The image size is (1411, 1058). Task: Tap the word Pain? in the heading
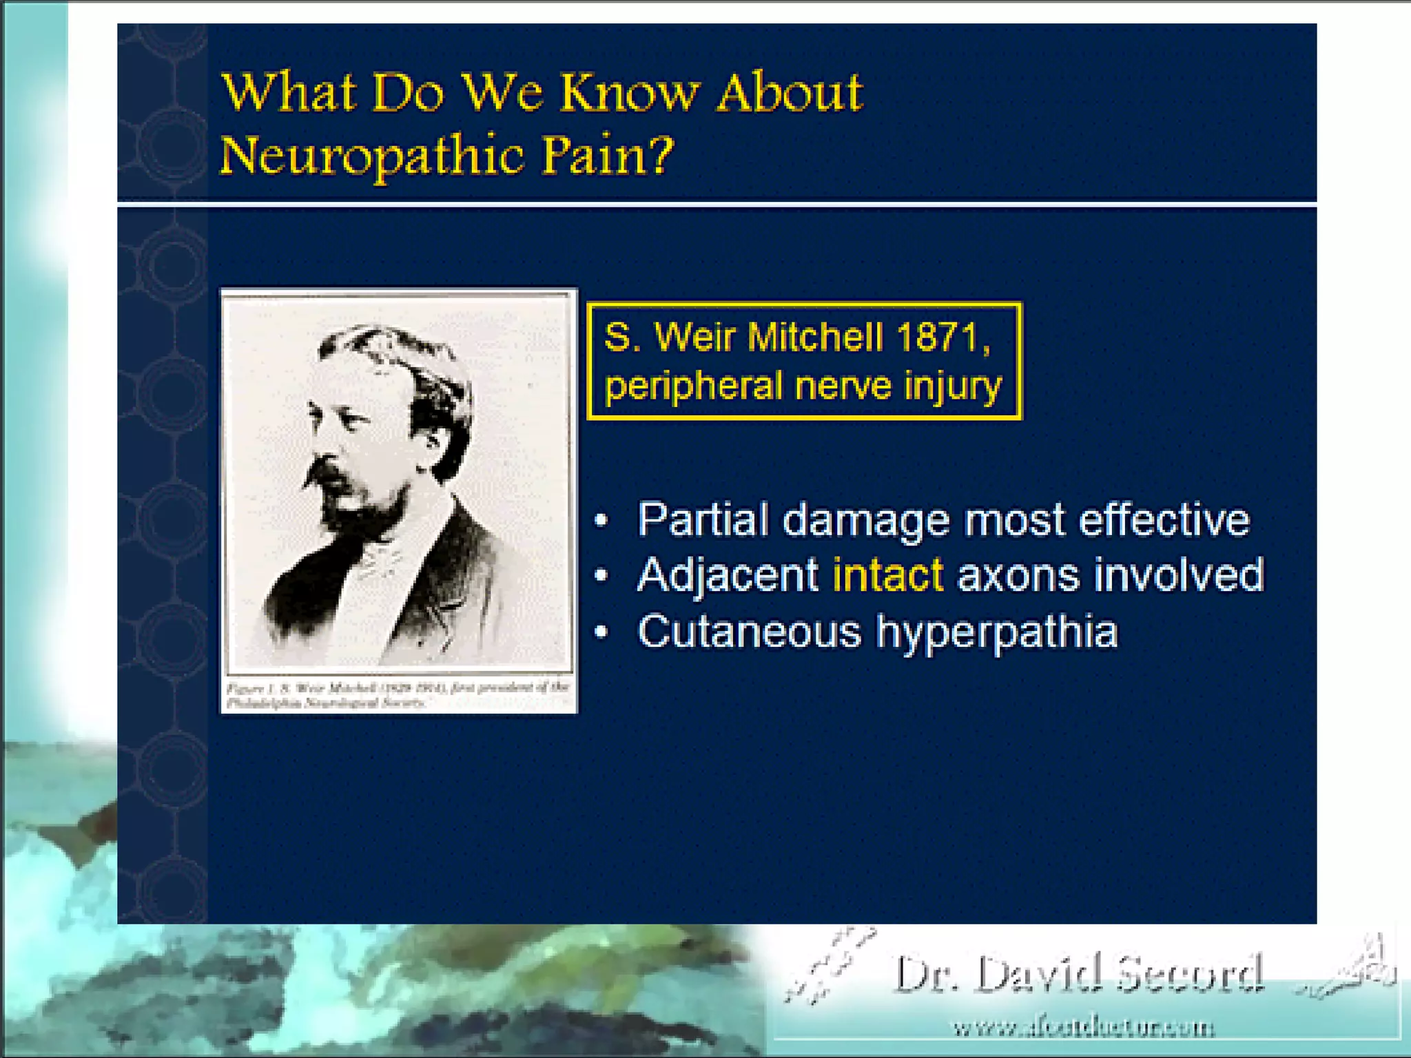coord(606,156)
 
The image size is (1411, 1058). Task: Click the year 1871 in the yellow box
coord(943,338)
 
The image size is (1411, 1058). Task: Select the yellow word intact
coord(887,575)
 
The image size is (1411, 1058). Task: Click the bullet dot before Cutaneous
coord(602,632)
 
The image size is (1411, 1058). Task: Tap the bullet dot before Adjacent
coord(602,575)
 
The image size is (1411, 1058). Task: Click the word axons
coord(1018,575)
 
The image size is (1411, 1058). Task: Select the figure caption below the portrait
coord(398,695)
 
